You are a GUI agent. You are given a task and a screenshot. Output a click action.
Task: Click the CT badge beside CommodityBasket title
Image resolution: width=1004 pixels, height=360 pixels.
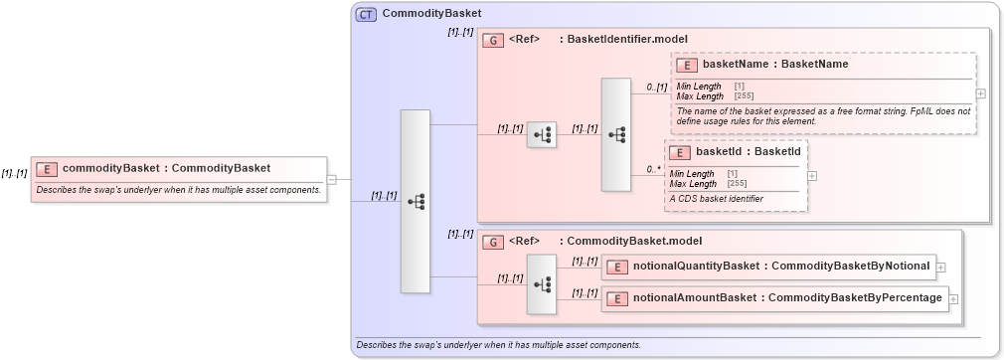point(366,14)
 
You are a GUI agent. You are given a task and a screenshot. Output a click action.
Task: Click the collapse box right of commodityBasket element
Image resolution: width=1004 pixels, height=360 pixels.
point(331,180)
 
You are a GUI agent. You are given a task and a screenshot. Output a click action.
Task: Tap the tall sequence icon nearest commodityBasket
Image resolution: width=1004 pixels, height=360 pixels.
point(415,201)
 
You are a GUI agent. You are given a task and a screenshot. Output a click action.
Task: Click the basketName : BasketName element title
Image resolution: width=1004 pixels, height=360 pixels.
point(775,65)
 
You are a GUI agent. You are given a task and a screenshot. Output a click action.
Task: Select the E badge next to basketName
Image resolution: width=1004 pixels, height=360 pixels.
point(687,65)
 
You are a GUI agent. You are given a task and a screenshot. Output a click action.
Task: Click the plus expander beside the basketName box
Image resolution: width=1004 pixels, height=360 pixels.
point(981,93)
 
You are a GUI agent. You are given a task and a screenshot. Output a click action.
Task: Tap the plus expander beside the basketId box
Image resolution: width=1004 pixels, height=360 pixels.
point(812,175)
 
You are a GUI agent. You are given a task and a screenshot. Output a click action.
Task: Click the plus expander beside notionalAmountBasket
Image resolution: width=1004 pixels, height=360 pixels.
point(952,298)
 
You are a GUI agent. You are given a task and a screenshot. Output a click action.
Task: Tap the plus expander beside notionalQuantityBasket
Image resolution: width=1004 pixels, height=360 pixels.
point(940,267)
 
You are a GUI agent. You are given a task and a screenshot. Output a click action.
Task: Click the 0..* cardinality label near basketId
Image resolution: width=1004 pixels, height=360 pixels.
point(652,169)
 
